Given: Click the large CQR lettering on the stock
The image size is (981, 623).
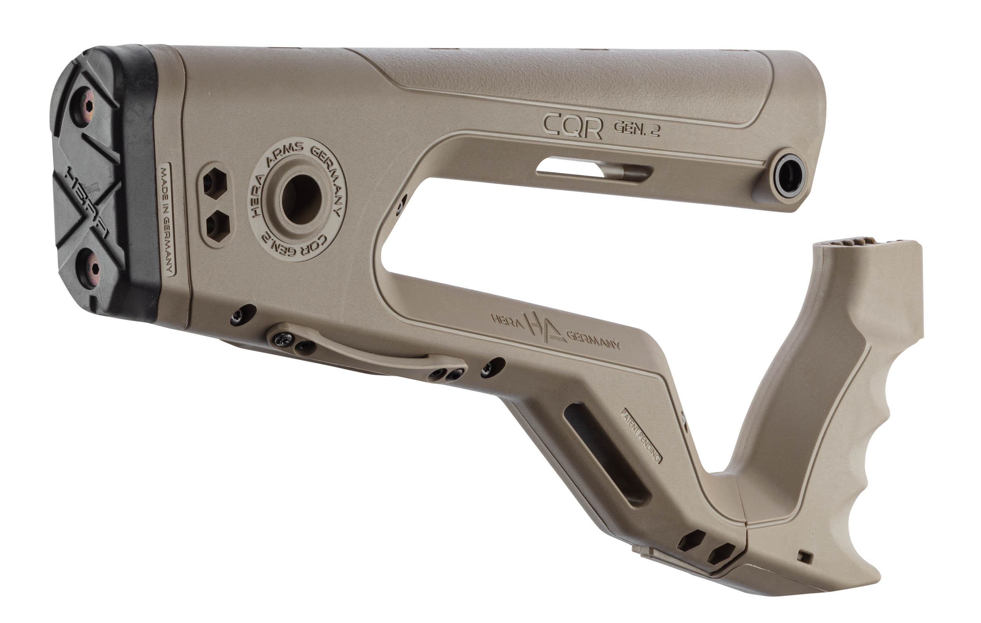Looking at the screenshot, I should coord(573,126).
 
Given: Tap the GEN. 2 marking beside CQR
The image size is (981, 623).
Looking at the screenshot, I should coord(636,129).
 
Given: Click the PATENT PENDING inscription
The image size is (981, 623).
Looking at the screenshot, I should coord(640,436).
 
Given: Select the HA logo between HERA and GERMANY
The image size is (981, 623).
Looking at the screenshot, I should coord(544,326).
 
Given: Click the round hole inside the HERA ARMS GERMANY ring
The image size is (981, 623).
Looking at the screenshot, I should coord(301,199).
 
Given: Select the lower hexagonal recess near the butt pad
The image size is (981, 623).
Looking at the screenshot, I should coord(218,227).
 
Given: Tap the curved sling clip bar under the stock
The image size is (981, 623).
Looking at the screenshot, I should coord(367,351).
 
